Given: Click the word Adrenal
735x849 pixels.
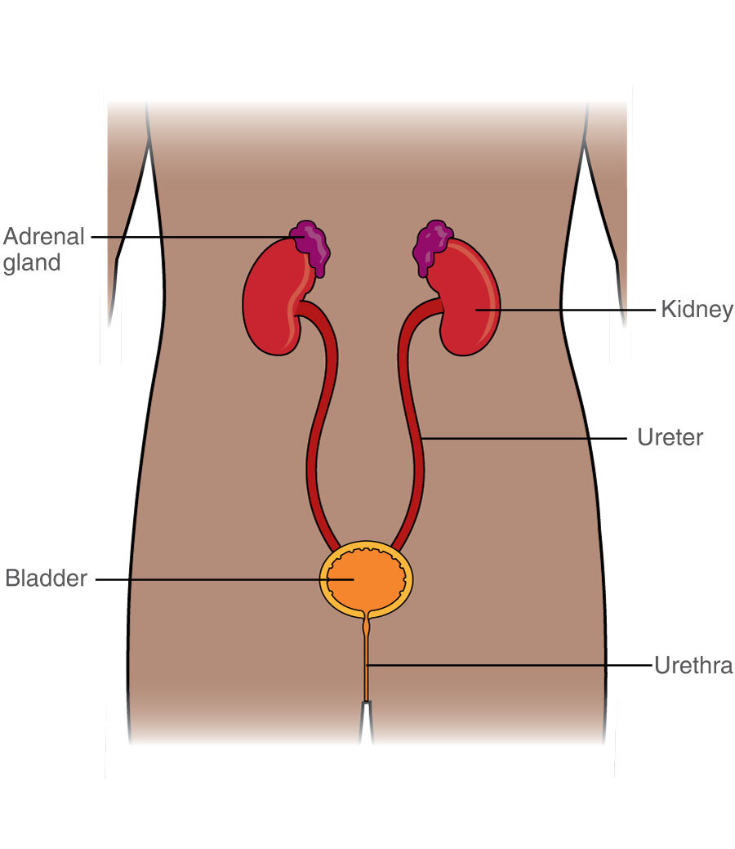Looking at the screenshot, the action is (44, 237).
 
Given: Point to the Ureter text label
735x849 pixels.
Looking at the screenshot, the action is (670, 437).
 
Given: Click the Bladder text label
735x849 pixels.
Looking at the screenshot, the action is (46, 579).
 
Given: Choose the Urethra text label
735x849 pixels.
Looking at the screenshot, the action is (693, 665).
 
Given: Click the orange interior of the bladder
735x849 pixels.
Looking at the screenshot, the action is (366, 579).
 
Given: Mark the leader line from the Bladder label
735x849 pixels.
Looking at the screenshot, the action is (225, 579).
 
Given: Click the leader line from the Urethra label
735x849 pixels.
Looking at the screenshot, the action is (510, 665).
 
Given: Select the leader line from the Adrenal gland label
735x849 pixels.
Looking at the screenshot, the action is (197, 237).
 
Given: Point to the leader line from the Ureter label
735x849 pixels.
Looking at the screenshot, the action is (523, 438).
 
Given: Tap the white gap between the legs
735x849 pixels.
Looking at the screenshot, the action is (367, 723).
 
